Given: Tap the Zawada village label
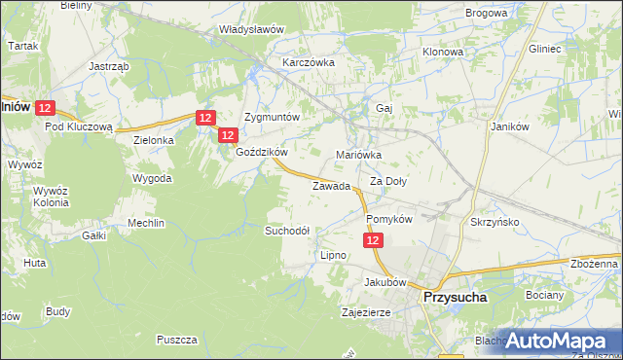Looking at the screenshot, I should pyautogui.click(x=330, y=186).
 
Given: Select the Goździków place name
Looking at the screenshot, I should pyautogui.click(x=261, y=153).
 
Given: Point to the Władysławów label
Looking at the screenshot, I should pyautogui.click(x=251, y=29).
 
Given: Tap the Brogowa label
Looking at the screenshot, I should pyautogui.click(x=487, y=14).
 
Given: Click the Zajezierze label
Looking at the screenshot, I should pyautogui.click(x=366, y=313).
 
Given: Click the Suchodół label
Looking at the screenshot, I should pyautogui.click(x=287, y=231).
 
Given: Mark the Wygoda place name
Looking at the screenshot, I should pyautogui.click(x=153, y=179).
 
